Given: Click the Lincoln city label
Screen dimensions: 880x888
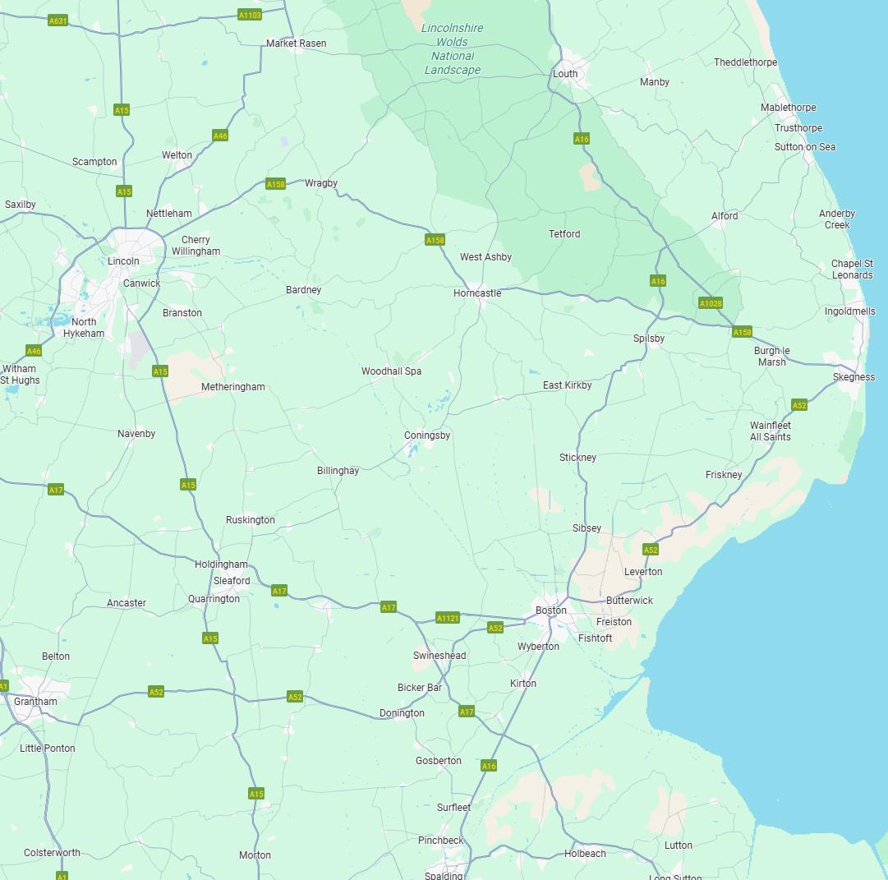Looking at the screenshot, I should click(x=123, y=261).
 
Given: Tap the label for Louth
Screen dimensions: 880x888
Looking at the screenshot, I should click(x=565, y=74).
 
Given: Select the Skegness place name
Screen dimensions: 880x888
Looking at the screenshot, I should click(x=853, y=377).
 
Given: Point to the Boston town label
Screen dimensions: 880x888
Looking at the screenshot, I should click(x=550, y=610).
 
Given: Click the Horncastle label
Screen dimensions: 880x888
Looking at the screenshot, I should click(x=476, y=293).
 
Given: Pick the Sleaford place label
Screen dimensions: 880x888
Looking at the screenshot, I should click(x=232, y=581).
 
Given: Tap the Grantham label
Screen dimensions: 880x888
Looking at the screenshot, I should click(x=35, y=702).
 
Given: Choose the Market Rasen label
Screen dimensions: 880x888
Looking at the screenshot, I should click(x=296, y=44).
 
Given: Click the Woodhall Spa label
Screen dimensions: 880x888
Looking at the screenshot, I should click(x=391, y=371).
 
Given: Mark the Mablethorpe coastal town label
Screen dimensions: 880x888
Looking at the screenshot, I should click(x=788, y=108).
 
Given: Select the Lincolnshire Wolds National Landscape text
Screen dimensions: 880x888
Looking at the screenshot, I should click(x=452, y=49).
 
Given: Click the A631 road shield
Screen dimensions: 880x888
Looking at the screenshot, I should click(x=57, y=21).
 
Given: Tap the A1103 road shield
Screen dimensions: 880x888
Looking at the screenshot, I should click(x=249, y=15).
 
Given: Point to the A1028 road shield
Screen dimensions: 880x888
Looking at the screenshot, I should click(x=711, y=303).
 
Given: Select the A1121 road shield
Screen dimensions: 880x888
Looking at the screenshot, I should click(x=448, y=618).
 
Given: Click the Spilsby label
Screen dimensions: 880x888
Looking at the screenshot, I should click(x=649, y=339).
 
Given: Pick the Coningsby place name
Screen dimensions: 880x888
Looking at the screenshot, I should click(x=427, y=435).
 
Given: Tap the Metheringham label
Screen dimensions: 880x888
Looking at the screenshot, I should click(x=233, y=387).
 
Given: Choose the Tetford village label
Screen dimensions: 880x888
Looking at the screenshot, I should click(x=564, y=234).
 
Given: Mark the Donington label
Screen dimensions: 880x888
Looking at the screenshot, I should click(x=402, y=713).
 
